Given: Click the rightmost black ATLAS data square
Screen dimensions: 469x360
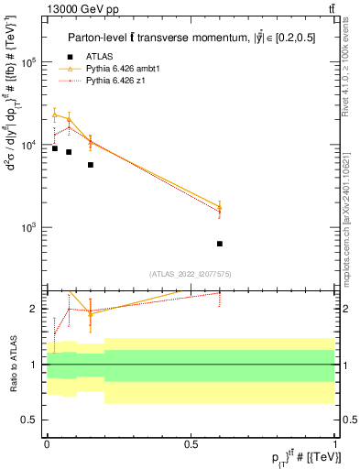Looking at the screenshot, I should (220, 244).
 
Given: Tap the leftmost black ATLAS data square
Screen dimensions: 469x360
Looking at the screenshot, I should (55, 148).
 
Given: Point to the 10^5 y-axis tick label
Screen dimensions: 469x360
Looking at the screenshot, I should (28, 63).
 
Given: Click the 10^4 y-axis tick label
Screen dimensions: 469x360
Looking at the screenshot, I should (28, 146).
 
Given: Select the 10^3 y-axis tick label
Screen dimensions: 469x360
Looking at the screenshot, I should (28, 227).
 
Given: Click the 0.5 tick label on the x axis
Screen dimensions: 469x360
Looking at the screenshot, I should (191, 443).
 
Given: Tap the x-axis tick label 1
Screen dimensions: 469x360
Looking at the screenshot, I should (334, 443).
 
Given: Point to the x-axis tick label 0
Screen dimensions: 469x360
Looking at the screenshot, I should (47, 443).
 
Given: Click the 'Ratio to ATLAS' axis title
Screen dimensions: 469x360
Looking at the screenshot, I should (12, 364).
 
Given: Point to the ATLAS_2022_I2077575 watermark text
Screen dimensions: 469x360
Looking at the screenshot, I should (191, 273).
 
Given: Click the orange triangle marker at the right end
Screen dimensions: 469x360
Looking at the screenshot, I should (220, 207).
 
